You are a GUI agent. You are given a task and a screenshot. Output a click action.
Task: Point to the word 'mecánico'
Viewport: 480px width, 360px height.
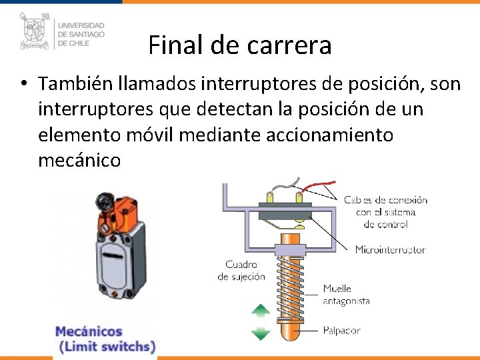(79, 160)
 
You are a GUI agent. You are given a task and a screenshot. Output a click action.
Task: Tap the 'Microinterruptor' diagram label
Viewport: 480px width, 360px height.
(390, 250)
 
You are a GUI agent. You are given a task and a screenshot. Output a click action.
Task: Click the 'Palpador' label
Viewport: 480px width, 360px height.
(341, 330)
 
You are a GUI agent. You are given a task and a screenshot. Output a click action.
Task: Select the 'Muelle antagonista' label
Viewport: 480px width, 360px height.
(346, 295)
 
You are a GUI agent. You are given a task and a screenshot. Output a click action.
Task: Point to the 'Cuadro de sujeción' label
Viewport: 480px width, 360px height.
(241, 271)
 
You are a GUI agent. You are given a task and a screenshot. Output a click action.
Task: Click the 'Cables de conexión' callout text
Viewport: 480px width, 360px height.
(385, 211)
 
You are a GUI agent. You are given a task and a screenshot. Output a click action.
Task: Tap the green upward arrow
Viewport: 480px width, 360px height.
(261, 311)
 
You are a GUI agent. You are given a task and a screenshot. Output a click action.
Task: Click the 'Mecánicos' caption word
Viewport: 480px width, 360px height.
(89, 331)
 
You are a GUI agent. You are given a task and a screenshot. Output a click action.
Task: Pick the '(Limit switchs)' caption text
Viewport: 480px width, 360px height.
(107, 347)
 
